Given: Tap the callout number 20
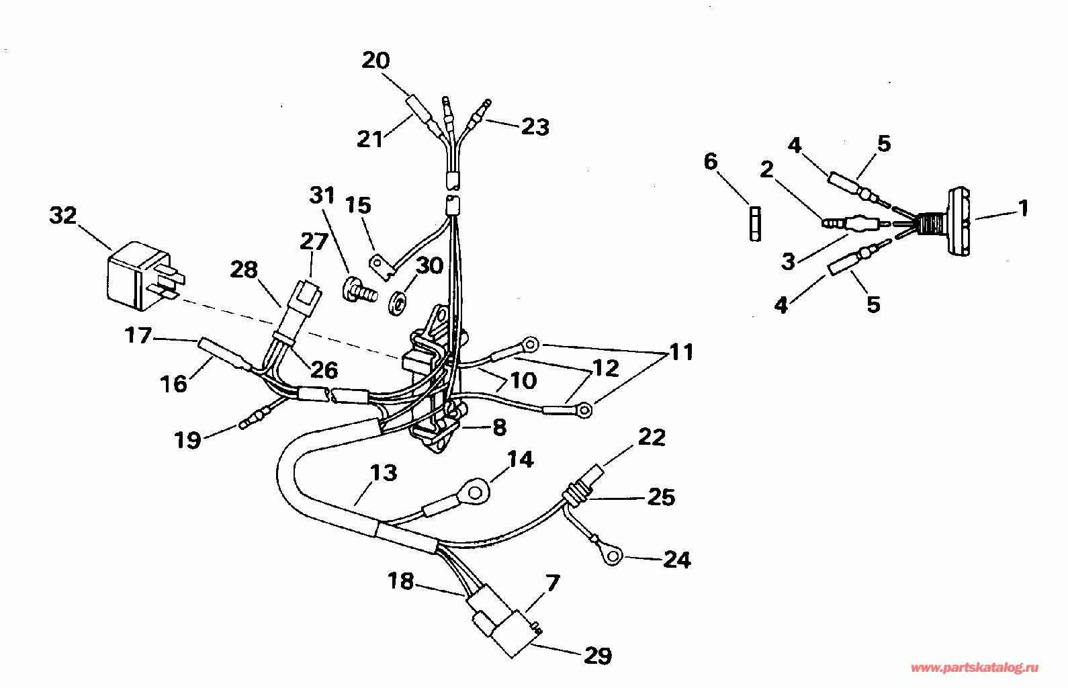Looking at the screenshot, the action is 375,60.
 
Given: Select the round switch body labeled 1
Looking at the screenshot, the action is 959,222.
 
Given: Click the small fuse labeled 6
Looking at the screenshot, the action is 755,224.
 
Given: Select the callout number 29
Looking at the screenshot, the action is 598,656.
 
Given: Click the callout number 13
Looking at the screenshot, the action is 384,473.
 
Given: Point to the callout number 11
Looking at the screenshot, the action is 681,352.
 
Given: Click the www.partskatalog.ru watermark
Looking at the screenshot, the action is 975,669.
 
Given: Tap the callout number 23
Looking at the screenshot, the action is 535,127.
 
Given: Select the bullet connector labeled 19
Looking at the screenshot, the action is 257,415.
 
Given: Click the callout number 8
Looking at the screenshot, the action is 499,428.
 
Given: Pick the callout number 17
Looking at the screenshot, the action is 138,336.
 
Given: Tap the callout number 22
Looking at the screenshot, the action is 652,437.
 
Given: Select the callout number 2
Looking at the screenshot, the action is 766,169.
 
